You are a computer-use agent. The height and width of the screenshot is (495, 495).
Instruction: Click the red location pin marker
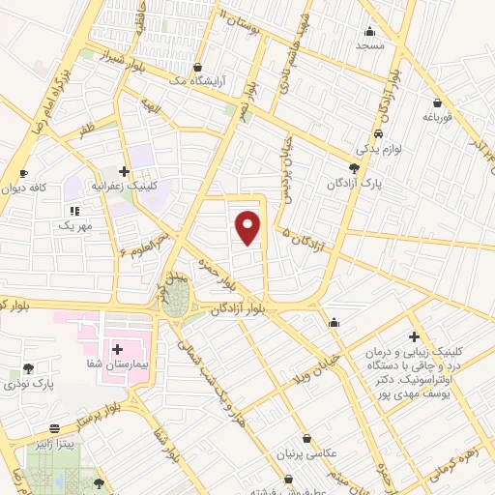point(249,227)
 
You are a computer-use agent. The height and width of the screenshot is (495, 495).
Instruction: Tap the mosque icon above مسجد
point(368,31)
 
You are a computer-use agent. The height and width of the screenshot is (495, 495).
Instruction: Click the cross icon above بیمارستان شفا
point(117,348)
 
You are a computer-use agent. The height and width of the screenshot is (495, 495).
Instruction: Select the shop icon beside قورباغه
point(438,103)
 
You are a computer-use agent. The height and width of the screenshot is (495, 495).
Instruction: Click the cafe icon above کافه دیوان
point(23,173)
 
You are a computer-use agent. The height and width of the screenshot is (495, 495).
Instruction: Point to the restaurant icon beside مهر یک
point(74,210)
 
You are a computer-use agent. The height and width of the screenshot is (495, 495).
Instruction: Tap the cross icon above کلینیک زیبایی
point(414,337)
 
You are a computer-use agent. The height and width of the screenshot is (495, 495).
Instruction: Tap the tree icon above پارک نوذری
point(27,367)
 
